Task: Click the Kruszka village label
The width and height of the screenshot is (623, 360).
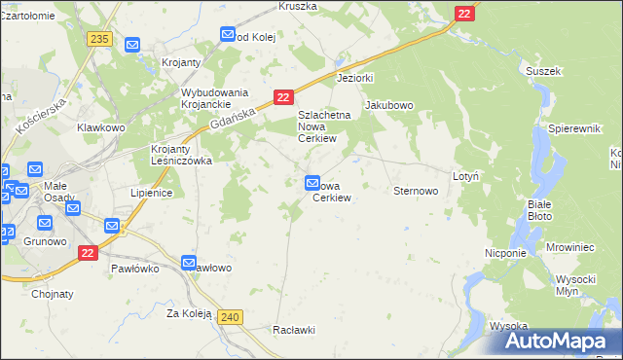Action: [298, 6]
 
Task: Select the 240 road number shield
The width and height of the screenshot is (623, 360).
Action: [230, 317]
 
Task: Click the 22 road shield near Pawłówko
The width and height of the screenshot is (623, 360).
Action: [89, 253]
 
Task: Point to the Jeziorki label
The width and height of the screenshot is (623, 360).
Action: [355, 78]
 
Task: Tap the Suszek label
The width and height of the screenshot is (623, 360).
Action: [543, 71]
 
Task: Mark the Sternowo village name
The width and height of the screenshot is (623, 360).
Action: [415, 191]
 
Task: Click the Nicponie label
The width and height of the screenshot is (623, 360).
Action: [505, 252]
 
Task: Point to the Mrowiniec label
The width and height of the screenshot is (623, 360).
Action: [570, 248]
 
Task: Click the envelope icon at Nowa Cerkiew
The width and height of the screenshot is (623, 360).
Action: [312, 182]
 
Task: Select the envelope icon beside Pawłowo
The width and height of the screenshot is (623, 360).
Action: [190, 262]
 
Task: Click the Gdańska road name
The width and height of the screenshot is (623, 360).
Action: [232, 120]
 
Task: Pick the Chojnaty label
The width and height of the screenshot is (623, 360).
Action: [52, 292]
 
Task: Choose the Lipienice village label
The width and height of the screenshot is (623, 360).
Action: [151, 193]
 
